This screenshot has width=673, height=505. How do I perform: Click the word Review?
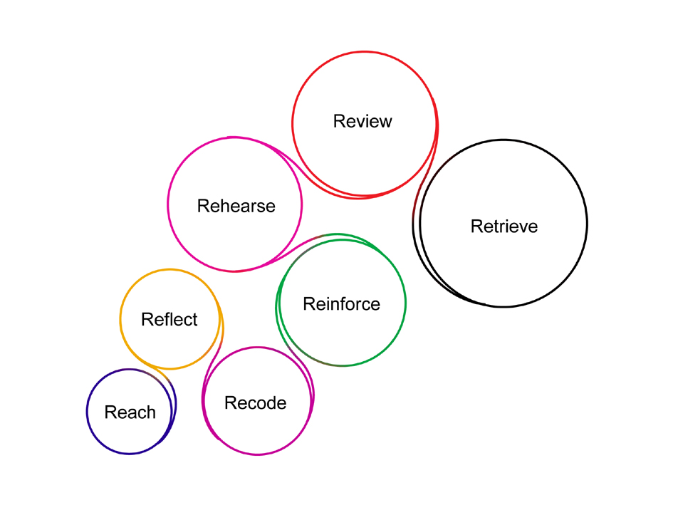click(362, 121)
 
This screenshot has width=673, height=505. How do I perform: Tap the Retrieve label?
click(504, 227)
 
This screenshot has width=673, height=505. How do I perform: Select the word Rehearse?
click(236, 206)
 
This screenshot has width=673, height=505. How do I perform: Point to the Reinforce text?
click(341, 304)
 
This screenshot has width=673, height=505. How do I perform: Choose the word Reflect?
click(169, 319)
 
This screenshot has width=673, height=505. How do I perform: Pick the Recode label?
click(255, 403)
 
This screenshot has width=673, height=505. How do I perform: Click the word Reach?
click(130, 412)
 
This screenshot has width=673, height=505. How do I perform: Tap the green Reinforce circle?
click(406, 303)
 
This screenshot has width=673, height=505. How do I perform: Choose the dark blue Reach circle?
click(87, 412)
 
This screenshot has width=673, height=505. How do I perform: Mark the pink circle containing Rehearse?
click(168, 204)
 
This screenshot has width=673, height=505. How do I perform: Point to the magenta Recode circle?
click(256, 454)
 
